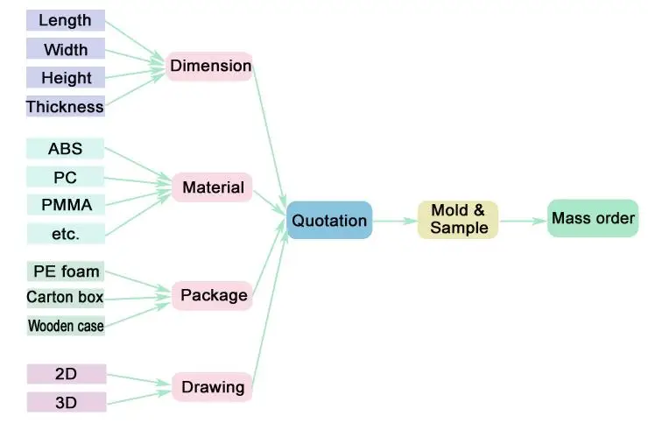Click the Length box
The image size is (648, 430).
(66, 20)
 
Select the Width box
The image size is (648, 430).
(66, 49)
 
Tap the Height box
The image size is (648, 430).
(66, 78)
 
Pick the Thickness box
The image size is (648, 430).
(66, 107)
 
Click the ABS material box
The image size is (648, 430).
(66, 149)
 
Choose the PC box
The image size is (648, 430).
(66, 178)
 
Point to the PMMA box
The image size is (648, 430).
(66, 206)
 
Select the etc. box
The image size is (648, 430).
(66, 234)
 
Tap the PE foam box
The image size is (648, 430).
(66, 271)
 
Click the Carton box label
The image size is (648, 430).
(66, 298)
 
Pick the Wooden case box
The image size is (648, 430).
(66, 327)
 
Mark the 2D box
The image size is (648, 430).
(66, 374)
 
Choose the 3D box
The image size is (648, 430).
(66, 402)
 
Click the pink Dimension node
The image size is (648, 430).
(210, 67)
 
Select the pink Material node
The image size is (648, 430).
(213, 187)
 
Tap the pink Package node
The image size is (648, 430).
(214, 296)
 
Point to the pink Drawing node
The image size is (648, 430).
(213, 387)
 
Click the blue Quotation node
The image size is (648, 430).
(330, 221)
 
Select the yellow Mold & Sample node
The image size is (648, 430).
(458, 220)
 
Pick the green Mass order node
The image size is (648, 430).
(593, 218)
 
